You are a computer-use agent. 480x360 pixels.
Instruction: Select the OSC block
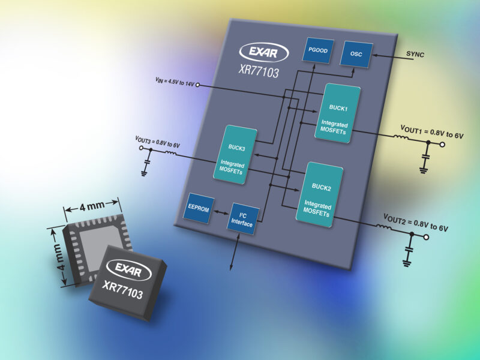click(356, 55)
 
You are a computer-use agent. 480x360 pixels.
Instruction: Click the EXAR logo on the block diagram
click(260, 52)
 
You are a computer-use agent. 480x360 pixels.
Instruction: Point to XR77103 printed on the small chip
click(122, 285)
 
